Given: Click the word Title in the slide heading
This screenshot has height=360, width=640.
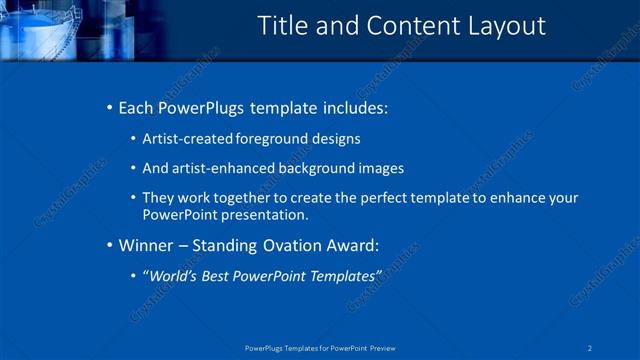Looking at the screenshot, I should (282, 26).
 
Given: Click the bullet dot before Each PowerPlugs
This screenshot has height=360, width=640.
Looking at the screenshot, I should (109, 107).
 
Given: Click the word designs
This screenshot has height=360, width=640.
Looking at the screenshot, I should (335, 138).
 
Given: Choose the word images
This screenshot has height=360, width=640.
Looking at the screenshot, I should (381, 168).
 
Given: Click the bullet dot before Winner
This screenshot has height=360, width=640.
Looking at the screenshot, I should (109, 244).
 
